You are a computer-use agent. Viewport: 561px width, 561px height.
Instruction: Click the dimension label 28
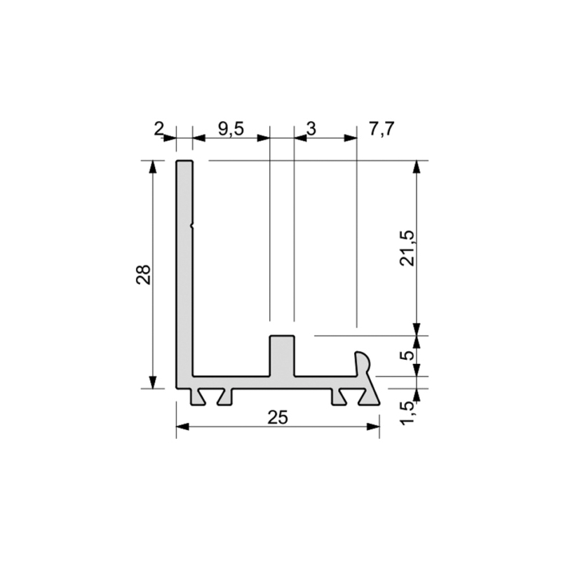pos(144,275)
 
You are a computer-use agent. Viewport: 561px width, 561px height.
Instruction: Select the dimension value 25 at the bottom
pos(278,417)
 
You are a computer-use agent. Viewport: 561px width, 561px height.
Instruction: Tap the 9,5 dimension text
pos(231,129)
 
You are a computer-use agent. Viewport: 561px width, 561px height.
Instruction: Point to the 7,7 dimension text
pos(381,129)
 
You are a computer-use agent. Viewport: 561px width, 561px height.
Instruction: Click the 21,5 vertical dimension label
pos(407,248)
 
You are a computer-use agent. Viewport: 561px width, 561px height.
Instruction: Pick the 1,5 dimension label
pos(407,413)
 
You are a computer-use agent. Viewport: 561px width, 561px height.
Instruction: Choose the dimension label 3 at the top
pos(311,129)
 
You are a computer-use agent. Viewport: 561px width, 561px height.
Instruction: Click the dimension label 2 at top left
pos(158,129)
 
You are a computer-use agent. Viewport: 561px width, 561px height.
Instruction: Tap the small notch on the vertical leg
pos(191,226)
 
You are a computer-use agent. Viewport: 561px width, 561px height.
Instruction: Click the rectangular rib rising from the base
pos(282,356)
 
